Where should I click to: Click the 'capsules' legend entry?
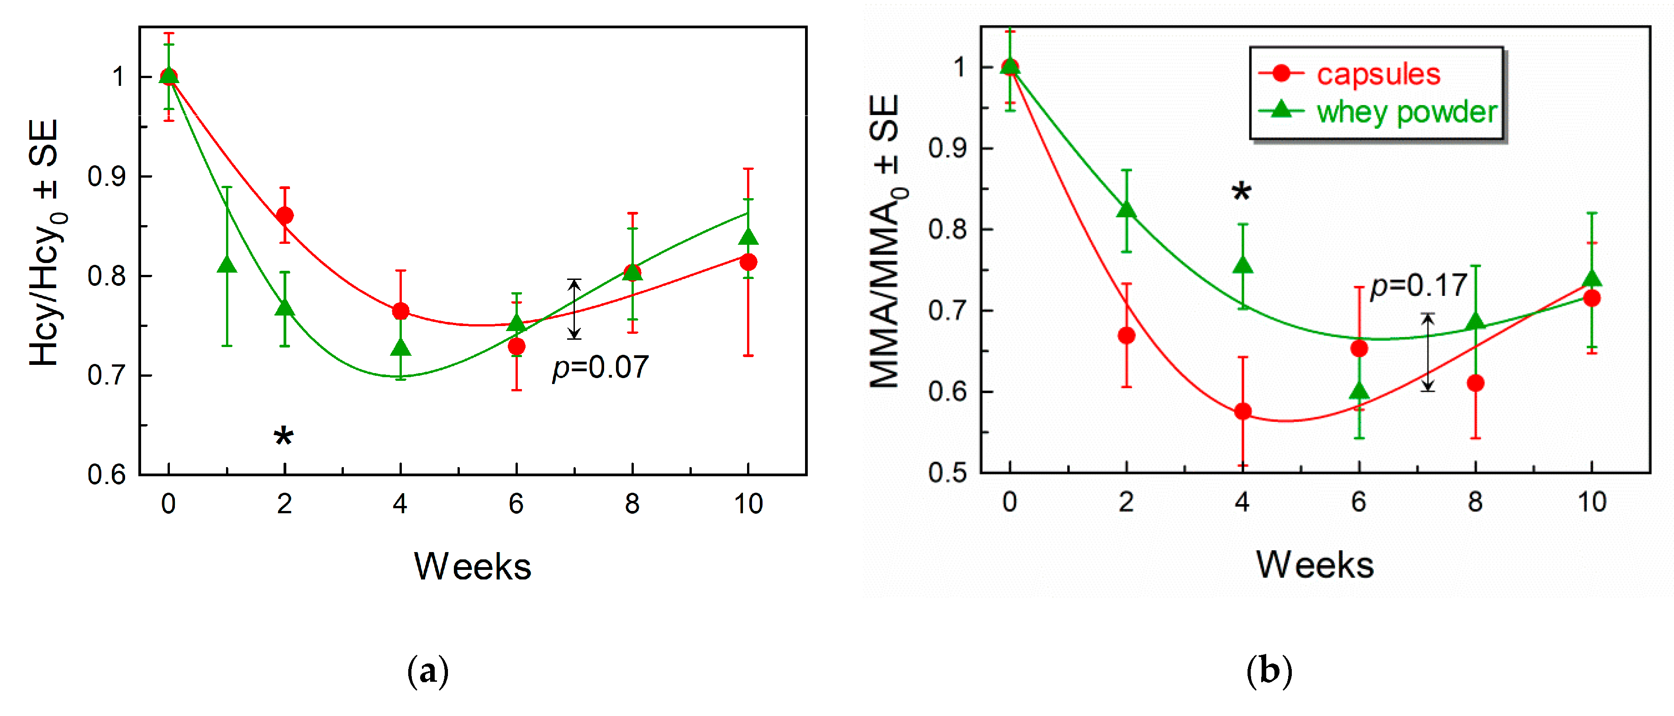[x=1378, y=74]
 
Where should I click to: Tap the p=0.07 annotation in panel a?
[x=600, y=368]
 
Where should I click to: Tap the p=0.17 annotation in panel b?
[x=1419, y=286]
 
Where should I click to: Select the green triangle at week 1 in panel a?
[x=227, y=264]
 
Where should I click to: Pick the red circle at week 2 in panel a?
[x=284, y=215]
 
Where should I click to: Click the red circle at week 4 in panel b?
[x=1242, y=411]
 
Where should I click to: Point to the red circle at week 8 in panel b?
[x=1475, y=383]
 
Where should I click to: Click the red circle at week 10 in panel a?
[x=748, y=262]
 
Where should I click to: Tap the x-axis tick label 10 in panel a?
[x=748, y=504]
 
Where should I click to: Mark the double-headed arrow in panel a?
[x=574, y=309]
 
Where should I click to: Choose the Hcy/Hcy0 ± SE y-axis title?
[x=47, y=244]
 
